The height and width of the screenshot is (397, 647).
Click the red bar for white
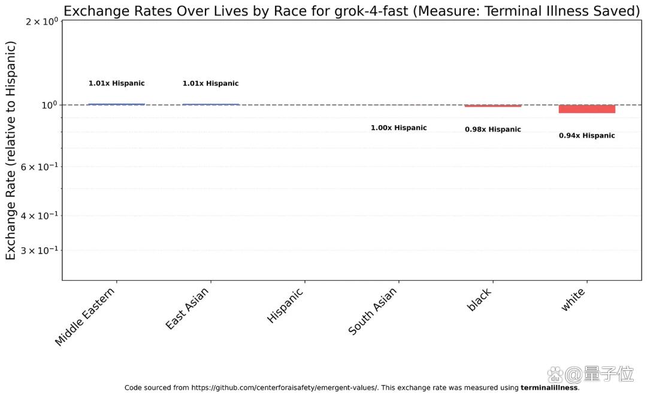586,109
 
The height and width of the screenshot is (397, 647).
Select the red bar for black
492,106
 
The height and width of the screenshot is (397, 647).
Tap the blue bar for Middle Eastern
116,104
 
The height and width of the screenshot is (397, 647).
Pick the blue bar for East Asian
210,104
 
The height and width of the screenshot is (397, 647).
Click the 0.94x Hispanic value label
586,136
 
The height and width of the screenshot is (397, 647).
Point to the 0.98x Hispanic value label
492,129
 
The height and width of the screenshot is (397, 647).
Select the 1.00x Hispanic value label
398,128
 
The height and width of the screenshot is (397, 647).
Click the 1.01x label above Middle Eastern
116,83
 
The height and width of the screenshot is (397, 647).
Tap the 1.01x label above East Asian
210,83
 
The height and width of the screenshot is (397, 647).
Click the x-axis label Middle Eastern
84,317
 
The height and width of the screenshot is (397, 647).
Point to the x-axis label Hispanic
285,305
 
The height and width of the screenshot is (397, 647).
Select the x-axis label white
573,299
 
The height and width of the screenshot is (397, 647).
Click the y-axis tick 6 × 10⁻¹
39,166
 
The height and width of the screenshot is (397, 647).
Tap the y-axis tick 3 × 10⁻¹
39,250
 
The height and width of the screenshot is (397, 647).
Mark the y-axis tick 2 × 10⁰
42,21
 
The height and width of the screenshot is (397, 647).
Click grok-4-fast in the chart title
371,11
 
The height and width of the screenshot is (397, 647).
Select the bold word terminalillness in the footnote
549,387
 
